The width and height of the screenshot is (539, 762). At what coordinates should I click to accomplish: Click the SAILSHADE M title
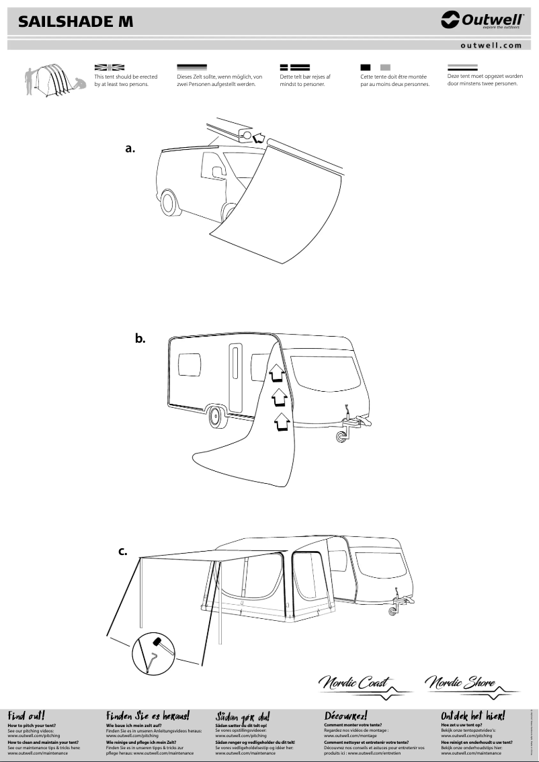[75, 22]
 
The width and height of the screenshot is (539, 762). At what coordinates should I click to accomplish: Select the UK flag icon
[110, 67]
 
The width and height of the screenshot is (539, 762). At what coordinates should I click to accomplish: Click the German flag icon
[192, 67]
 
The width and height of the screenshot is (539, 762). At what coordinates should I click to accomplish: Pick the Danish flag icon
[294, 67]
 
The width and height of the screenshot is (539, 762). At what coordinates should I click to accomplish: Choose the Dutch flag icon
[462, 67]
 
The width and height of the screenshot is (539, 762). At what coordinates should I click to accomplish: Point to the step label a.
[130, 149]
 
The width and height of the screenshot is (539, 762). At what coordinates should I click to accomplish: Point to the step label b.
[140, 339]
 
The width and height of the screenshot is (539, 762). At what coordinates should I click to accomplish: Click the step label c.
[123, 552]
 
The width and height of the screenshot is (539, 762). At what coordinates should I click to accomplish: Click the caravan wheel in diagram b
[216, 416]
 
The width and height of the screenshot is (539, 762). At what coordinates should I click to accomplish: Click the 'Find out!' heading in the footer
[26, 716]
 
